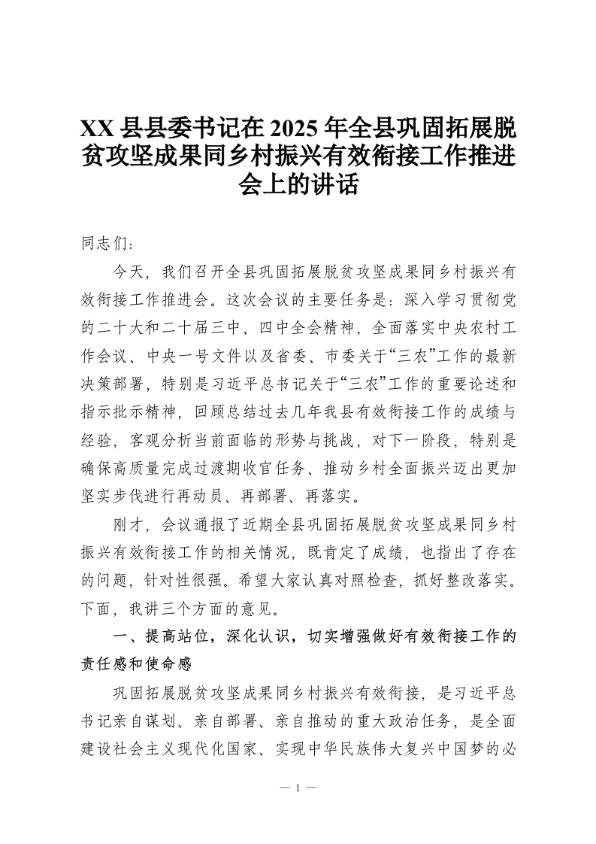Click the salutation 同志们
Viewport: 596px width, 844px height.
104,245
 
